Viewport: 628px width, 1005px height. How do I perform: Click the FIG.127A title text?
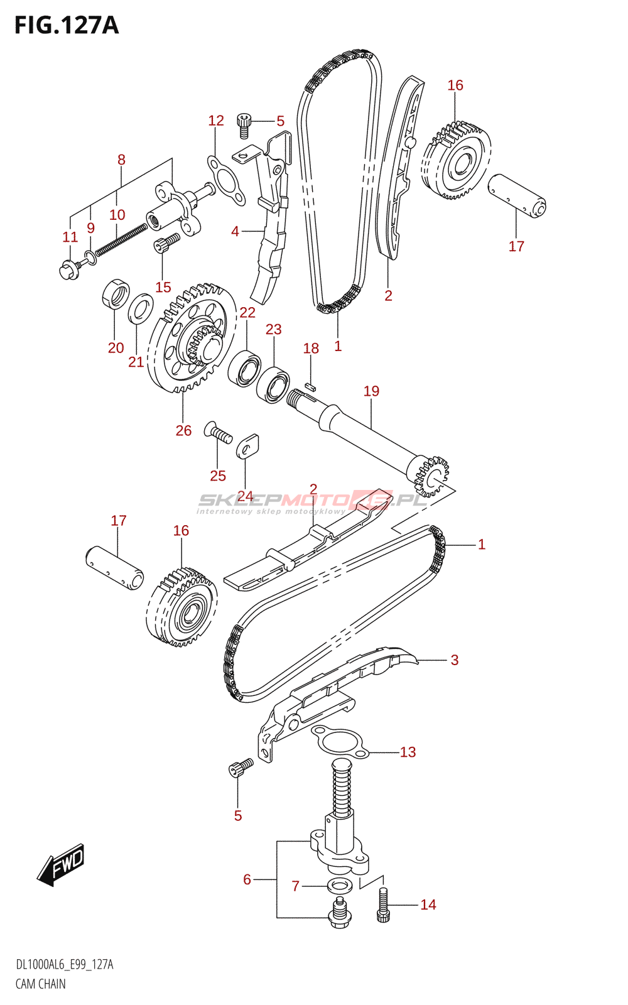click(67, 25)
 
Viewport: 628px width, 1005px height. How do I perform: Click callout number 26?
click(183, 431)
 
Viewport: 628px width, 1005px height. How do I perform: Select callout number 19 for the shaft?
click(371, 391)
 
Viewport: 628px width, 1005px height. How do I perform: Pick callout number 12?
click(216, 121)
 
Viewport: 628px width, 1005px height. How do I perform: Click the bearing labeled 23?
click(273, 384)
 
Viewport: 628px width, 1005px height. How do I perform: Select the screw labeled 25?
click(218, 433)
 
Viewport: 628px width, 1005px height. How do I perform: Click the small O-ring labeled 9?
click(90, 258)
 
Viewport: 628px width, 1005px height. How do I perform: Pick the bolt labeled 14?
click(382, 905)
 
